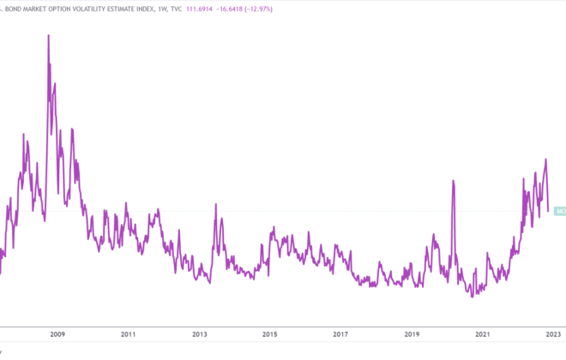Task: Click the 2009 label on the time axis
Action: point(58,334)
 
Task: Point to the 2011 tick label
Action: point(129,334)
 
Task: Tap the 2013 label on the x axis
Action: point(200,334)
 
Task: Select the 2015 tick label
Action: point(270,334)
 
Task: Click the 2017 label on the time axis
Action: point(340,334)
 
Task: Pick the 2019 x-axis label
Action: point(412,334)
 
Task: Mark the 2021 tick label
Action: point(482,334)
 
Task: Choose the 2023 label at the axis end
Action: point(552,334)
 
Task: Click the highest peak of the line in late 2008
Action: point(48,35)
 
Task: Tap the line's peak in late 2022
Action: point(545,159)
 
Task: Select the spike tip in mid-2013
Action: point(216,204)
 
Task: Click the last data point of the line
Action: point(548,211)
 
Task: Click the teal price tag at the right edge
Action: point(560,211)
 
